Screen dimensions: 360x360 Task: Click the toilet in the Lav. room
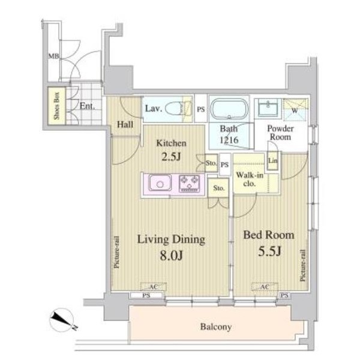click(x=176, y=109)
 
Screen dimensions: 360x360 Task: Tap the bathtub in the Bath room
click(x=229, y=109)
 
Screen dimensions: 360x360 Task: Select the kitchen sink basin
click(x=160, y=183)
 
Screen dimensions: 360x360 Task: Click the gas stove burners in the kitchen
click(x=190, y=183)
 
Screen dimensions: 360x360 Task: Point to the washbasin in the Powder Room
click(x=268, y=108)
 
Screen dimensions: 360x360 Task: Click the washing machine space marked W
click(x=295, y=110)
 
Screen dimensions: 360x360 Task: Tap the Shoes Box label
click(x=56, y=106)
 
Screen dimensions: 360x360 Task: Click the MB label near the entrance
click(x=53, y=56)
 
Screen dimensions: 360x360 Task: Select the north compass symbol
click(x=62, y=320)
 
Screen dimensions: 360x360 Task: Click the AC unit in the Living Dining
click(x=153, y=287)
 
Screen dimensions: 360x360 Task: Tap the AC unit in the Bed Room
click(x=265, y=287)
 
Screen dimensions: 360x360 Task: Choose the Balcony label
click(x=216, y=327)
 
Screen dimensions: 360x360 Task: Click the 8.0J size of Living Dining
click(x=171, y=256)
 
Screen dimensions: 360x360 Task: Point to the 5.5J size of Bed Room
click(x=269, y=251)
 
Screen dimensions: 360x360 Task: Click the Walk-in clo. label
click(x=250, y=179)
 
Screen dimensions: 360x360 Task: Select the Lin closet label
click(x=273, y=160)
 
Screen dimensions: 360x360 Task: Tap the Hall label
click(x=125, y=125)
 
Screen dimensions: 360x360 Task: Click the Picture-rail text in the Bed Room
click(x=303, y=265)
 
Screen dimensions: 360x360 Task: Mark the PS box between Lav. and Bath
click(x=201, y=109)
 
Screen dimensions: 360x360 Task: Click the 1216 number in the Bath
click(x=229, y=140)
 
